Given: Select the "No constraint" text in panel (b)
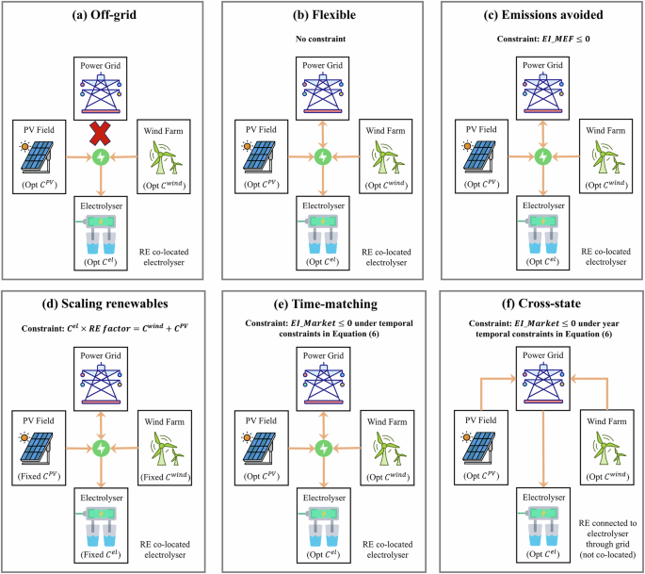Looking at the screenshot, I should pos(323,40).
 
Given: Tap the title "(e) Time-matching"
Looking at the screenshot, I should pos(323,305).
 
